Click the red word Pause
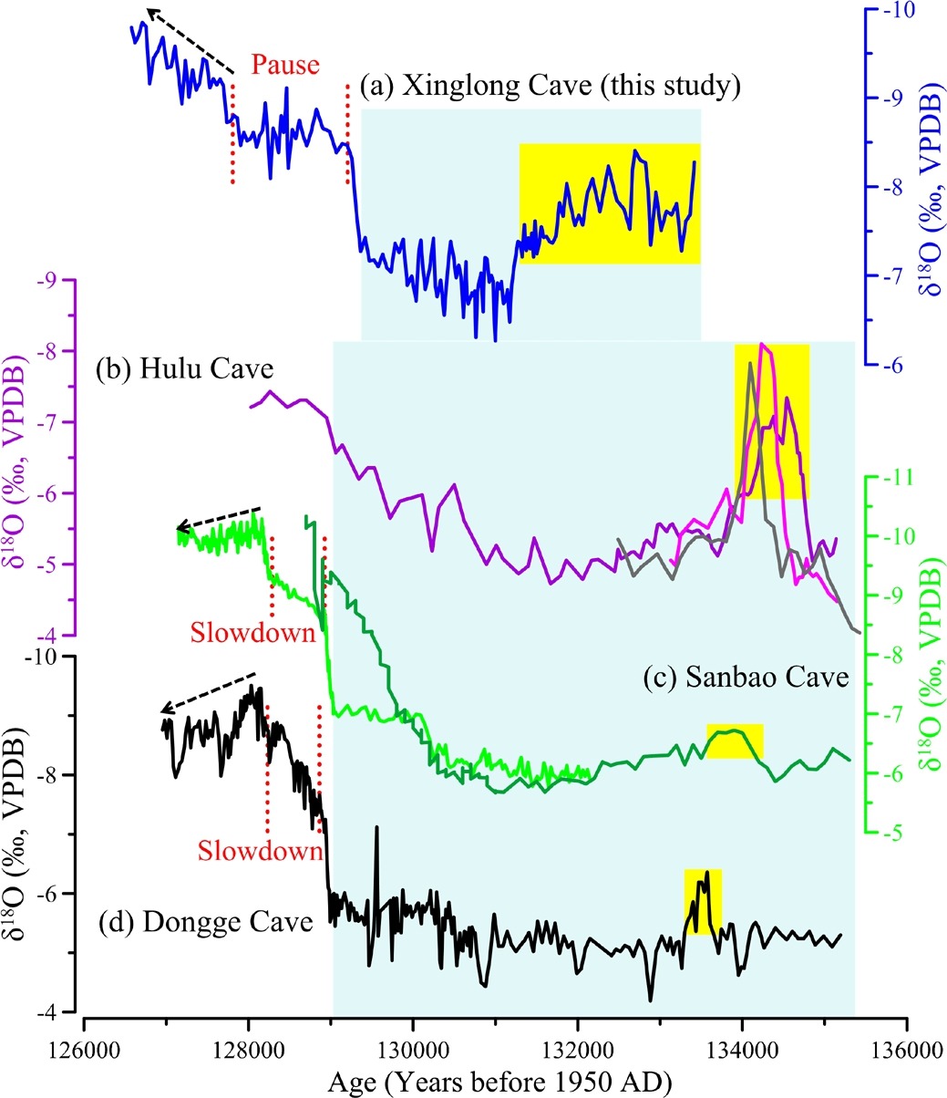click(x=285, y=65)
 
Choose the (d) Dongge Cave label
click(x=205, y=922)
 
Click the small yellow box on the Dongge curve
click(x=703, y=900)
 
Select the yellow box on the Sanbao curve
click(x=735, y=740)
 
